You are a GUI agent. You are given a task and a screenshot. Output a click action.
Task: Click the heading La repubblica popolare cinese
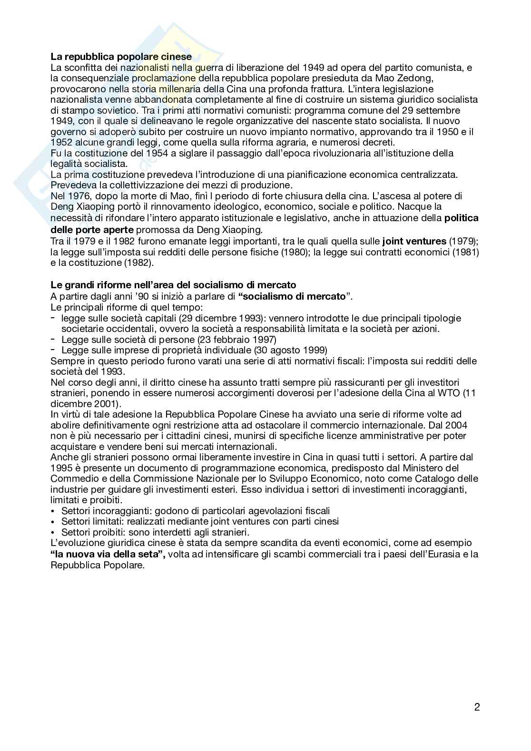pyautogui.click(x=121, y=57)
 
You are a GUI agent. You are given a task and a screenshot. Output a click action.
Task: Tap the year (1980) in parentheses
pyautogui.click(x=292, y=252)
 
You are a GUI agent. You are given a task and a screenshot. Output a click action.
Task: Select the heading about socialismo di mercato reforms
pyautogui.click(x=173, y=285)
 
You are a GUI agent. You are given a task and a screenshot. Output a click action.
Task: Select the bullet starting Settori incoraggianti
pyautogui.click(x=196, y=511)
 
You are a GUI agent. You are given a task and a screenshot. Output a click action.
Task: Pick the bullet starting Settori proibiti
pyautogui.click(x=156, y=532)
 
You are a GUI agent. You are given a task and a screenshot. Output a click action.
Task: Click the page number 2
pyautogui.click(x=477, y=707)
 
